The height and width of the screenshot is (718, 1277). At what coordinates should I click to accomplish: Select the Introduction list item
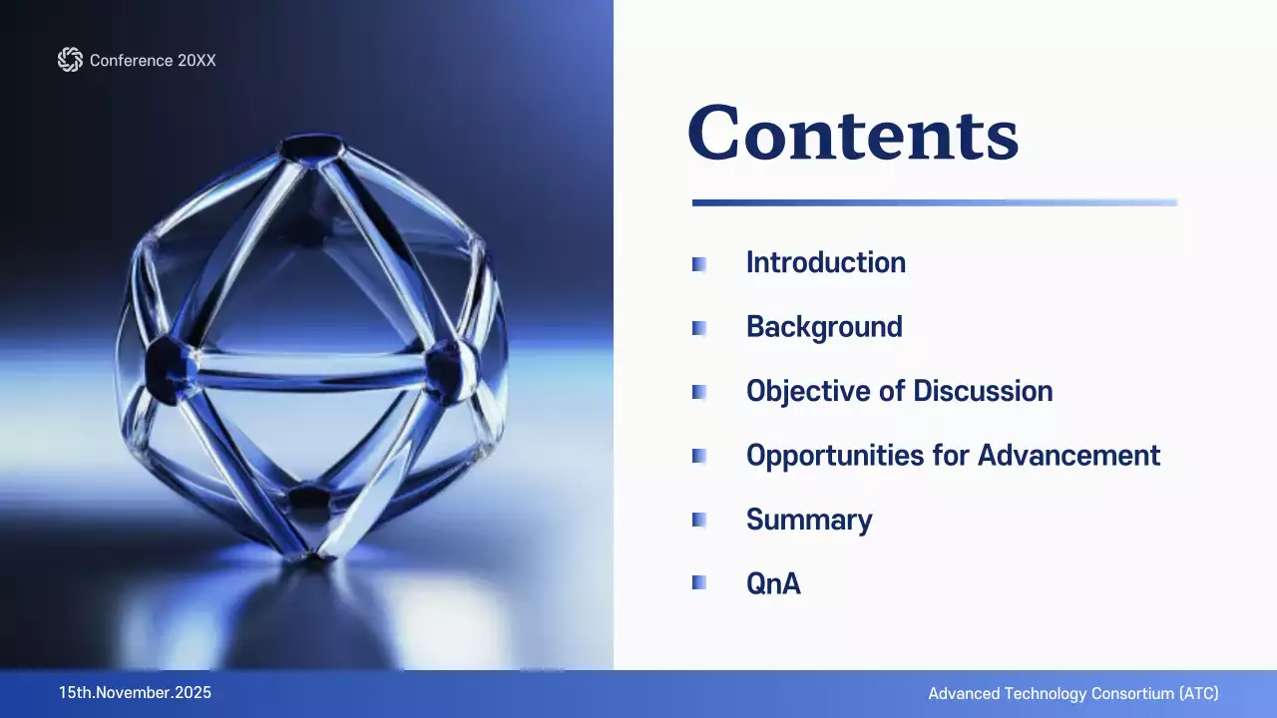coord(826,263)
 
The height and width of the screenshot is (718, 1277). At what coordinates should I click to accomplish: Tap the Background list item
coord(824,327)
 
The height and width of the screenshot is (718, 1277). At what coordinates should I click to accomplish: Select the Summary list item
coord(809,520)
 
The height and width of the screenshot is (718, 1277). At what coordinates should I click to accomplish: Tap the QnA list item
coord(773,583)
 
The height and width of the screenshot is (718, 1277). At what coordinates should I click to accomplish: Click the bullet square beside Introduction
coord(699,264)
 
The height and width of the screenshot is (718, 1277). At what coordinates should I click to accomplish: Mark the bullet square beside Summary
coord(699,520)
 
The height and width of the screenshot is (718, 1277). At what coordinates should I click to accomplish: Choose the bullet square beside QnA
coord(699,583)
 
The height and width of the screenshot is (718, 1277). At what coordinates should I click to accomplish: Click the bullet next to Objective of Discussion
coord(699,392)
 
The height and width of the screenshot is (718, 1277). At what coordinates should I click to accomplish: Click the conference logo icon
coord(70,60)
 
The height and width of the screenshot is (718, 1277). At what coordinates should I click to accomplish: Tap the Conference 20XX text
coord(153,61)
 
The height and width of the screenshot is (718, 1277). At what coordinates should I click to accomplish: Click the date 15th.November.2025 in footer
coord(135,693)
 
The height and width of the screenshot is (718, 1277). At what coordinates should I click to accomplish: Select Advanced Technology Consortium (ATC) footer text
coord(1073,694)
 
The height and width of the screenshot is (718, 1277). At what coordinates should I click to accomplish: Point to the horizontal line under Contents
coord(934,202)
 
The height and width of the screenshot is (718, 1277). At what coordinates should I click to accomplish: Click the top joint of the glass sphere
coord(310,150)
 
